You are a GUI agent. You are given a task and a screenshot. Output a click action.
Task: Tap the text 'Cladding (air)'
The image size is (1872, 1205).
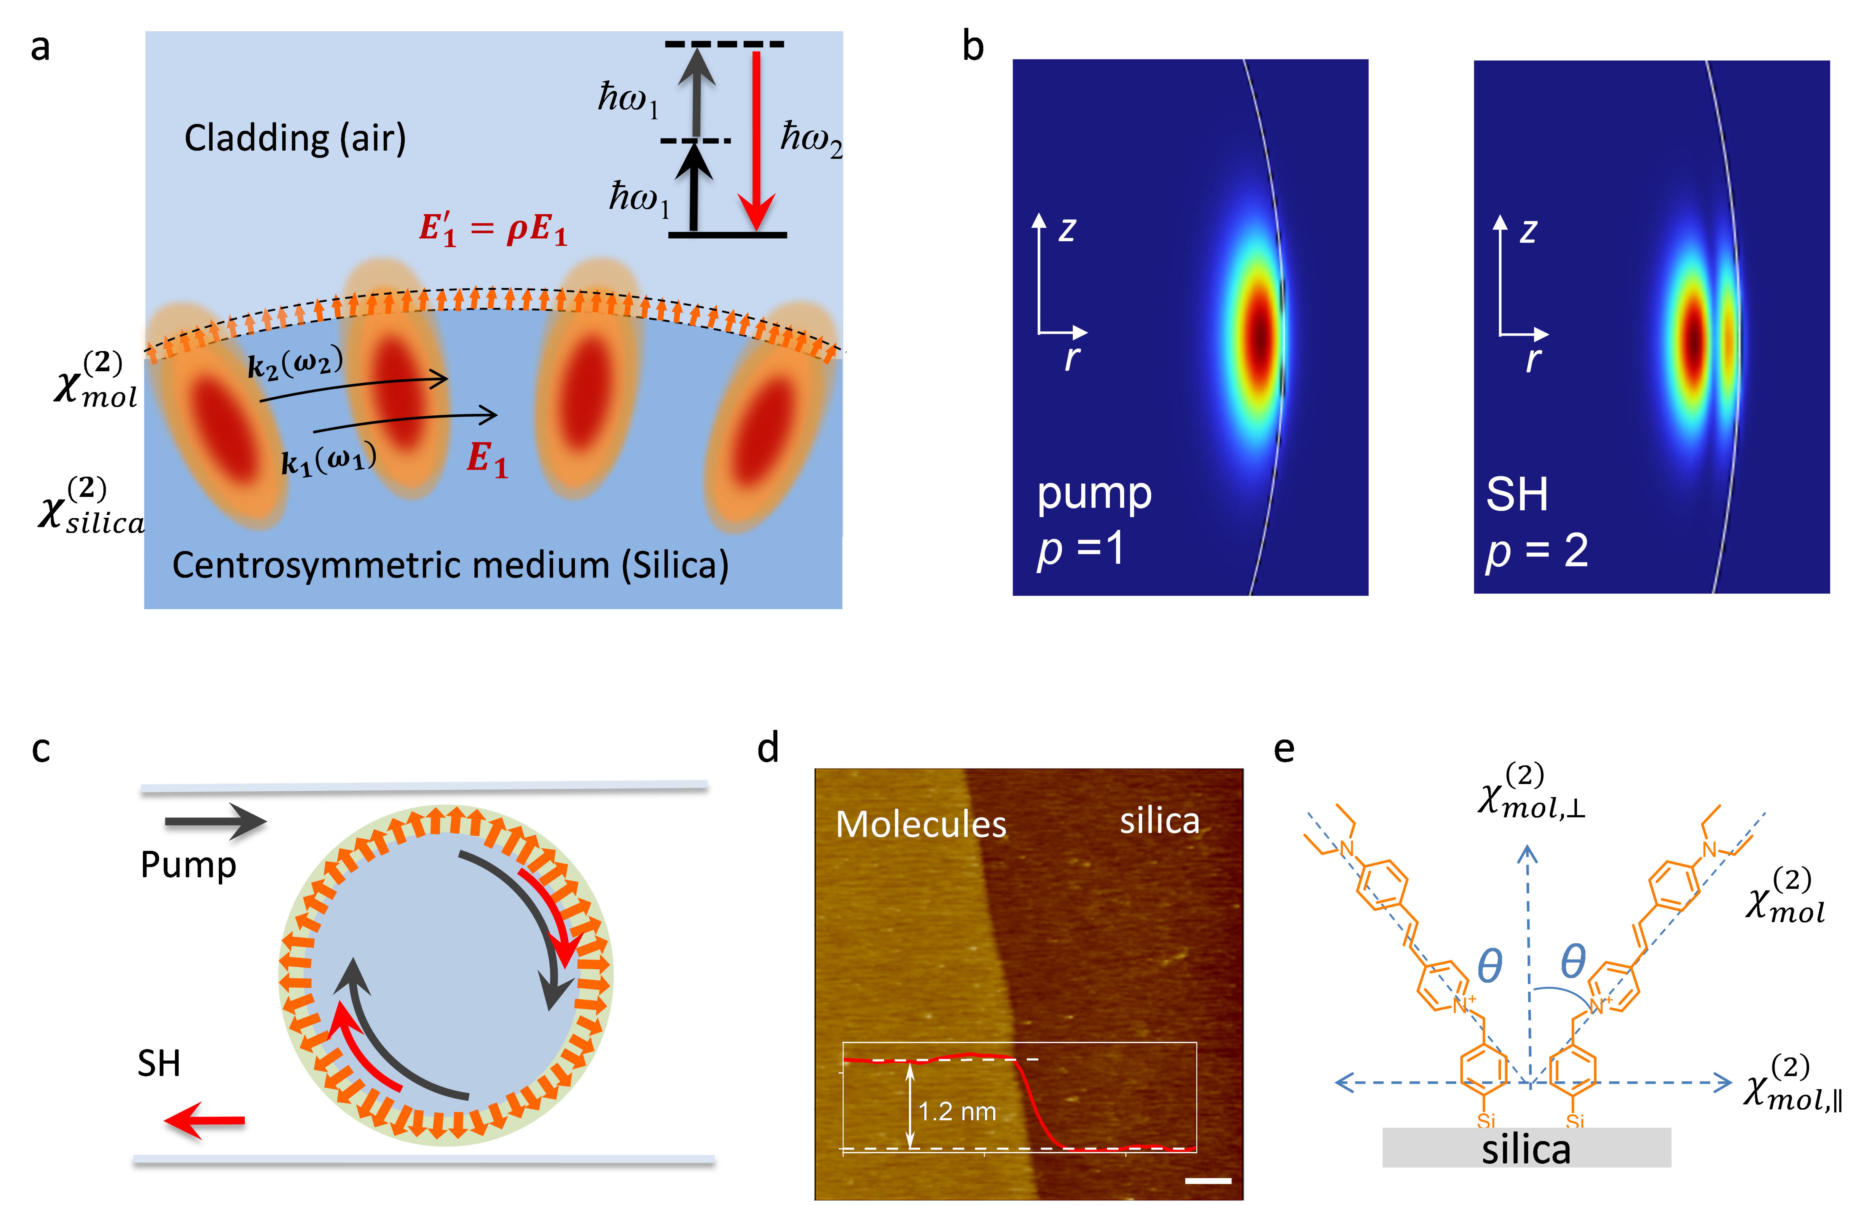[x=295, y=138]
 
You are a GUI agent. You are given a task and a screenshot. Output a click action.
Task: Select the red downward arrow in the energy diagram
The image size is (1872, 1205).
[x=756, y=141]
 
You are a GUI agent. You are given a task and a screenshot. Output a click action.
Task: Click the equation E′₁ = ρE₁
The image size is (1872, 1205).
[x=493, y=229]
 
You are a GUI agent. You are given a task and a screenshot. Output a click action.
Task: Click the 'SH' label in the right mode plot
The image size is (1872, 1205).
[x=1516, y=495]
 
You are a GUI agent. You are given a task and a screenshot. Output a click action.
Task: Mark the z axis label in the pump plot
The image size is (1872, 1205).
[x=1067, y=229]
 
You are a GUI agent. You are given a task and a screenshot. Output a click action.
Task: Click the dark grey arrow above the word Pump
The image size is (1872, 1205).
[x=215, y=822]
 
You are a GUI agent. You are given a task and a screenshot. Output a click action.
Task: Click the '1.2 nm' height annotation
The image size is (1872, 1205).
[x=957, y=1111]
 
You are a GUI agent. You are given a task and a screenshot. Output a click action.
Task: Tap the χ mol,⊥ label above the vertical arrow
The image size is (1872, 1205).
[x=1531, y=792]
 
